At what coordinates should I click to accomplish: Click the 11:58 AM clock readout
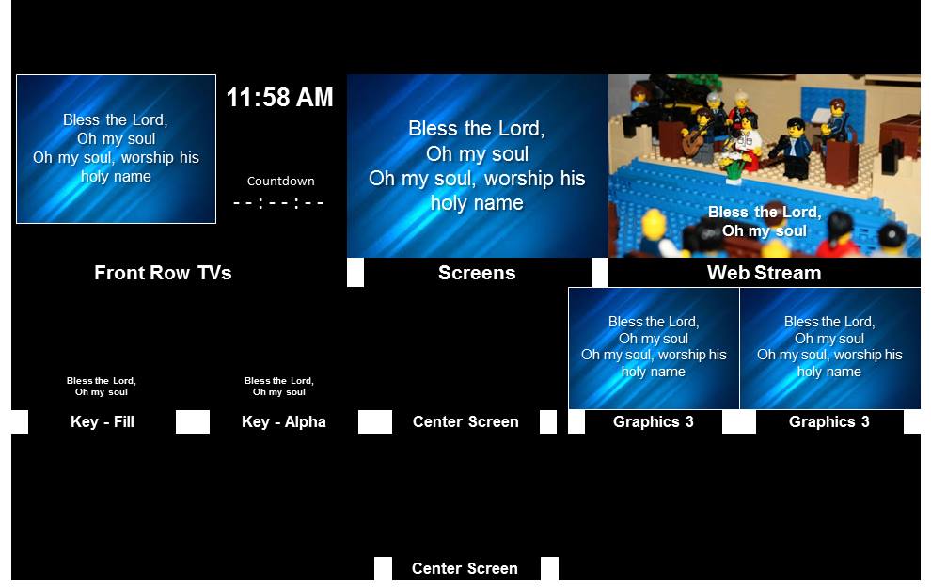click(x=279, y=98)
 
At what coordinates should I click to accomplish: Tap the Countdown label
click(x=281, y=182)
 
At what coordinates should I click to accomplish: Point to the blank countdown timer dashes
click(x=278, y=203)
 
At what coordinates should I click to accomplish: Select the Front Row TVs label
click(x=163, y=273)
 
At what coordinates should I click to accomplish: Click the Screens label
click(x=477, y=273)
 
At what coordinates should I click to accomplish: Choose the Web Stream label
click(x=765, y=273)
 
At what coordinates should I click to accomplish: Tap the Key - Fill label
click(x=103, y=421)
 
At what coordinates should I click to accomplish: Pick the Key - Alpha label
click(x=284, y=421)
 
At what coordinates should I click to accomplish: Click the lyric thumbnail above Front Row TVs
click(x=116, y=150)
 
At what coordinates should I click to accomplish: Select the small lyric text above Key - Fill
click(x=102, y=387)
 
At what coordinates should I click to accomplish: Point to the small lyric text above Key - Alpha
click(x=279, y=387)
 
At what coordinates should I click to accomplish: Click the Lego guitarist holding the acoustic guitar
click(x=702, y=135)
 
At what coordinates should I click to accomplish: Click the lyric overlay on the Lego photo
click(x=765, y=222)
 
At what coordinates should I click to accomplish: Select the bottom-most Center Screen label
click(x=465, y=568)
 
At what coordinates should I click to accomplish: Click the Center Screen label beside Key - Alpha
click(x=465, y=421)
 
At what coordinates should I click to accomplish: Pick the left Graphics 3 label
click(x=654, y=421)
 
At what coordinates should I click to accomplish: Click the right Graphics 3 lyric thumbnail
click(x=830, y=349)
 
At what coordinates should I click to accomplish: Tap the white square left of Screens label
click(x=355, y=272)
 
